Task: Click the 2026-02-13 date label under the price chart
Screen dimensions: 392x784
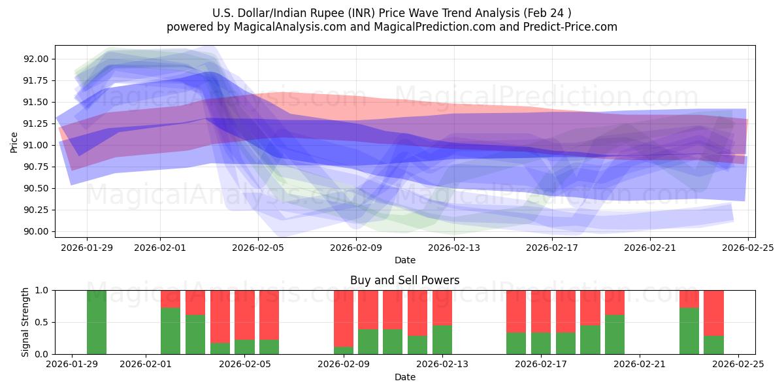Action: point(454,248)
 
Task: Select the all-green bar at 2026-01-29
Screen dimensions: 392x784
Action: point(97,322)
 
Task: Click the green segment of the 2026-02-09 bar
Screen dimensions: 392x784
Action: point(344,350)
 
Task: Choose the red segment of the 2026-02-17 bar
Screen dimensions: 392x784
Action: point(541,311)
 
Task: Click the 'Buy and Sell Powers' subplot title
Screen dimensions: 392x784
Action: point(404,280)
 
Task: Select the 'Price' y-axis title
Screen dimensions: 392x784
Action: point(14,141)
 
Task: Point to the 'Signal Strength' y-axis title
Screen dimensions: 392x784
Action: point(25,322)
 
